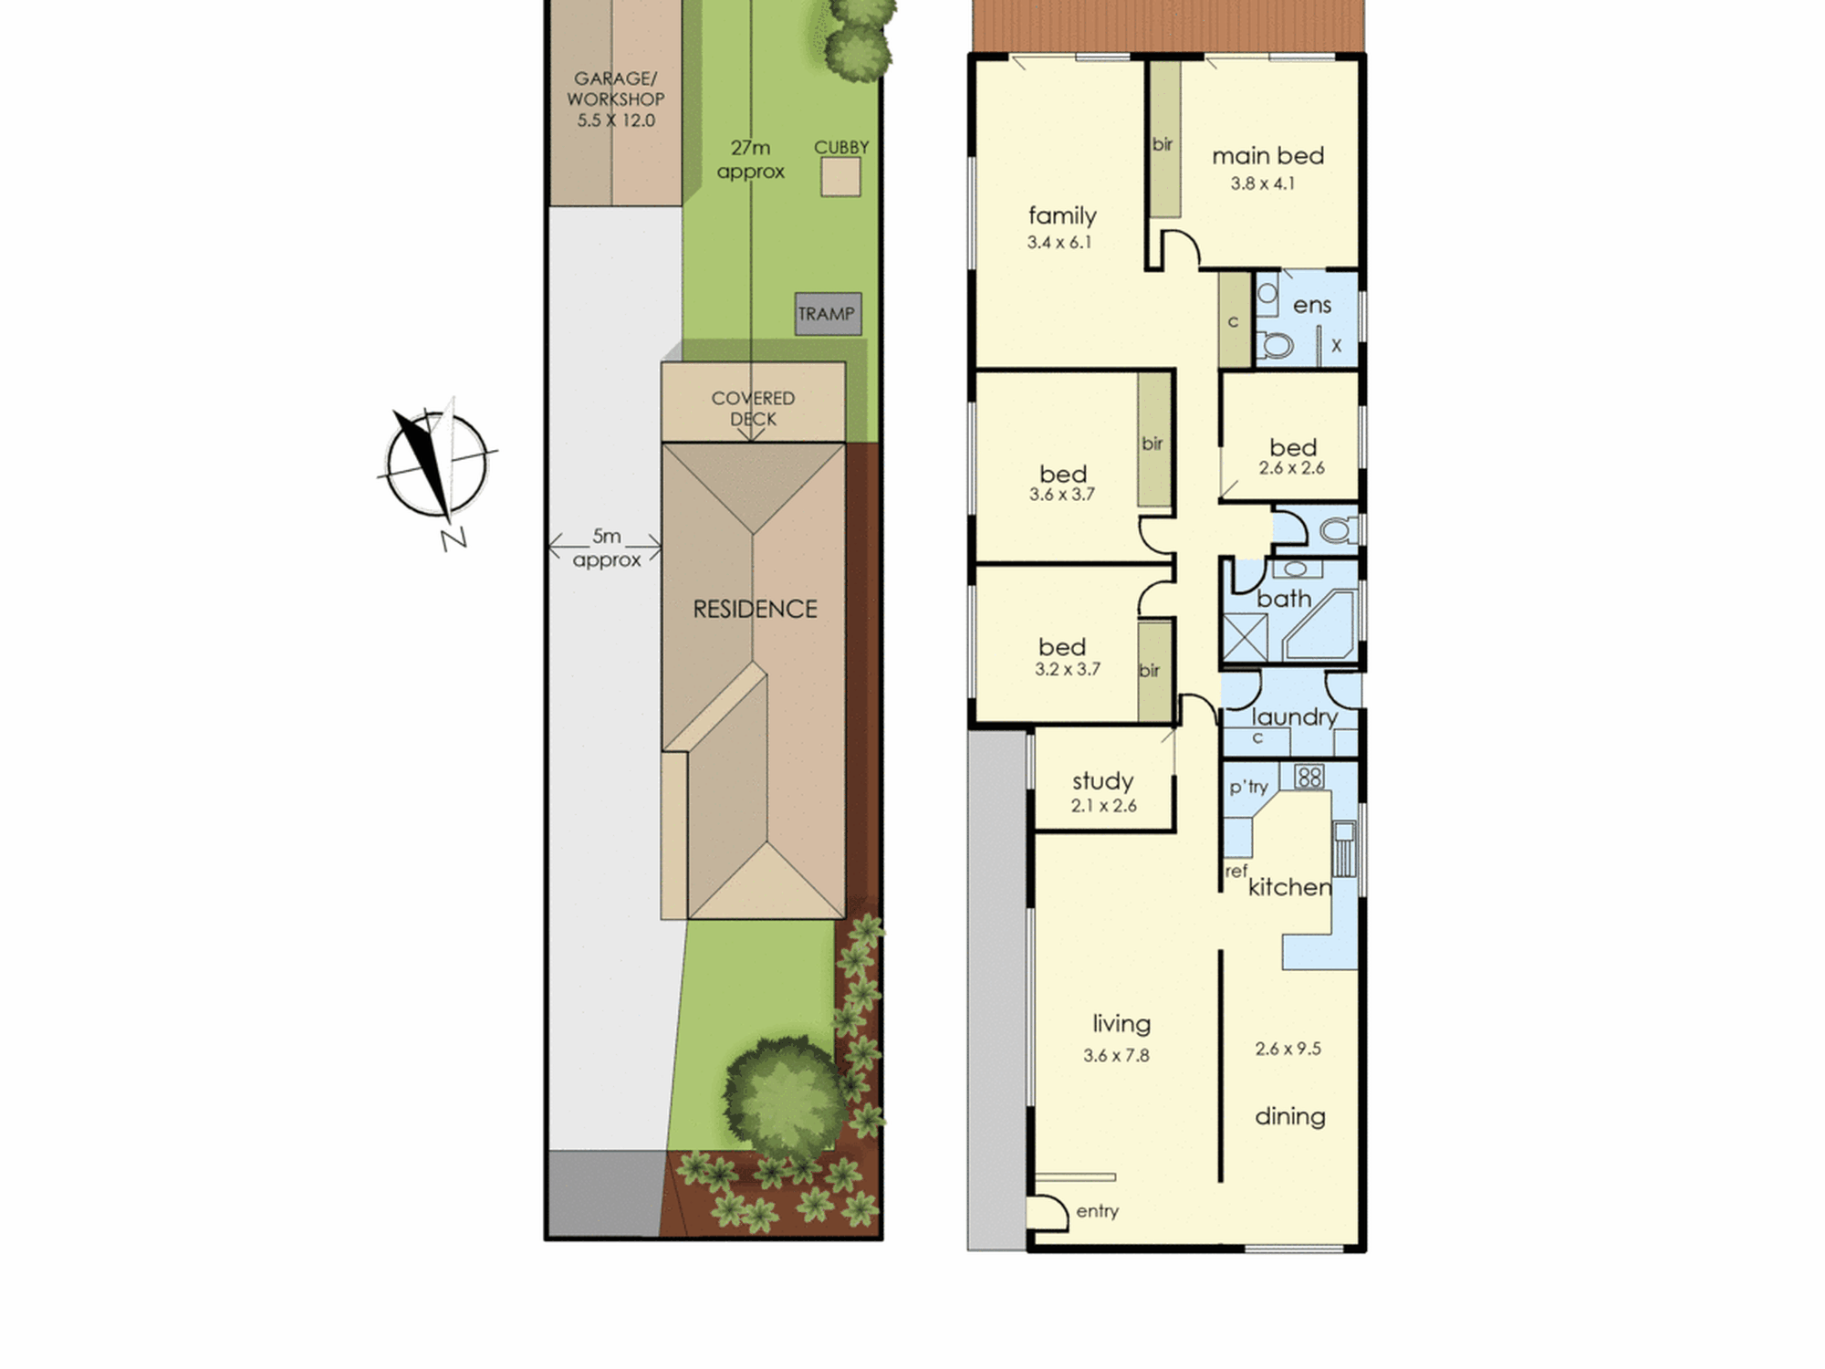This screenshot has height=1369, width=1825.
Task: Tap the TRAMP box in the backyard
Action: tap(828, 314)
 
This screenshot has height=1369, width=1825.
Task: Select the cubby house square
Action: tap(840, 177)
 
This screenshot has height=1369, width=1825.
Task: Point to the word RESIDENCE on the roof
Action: tap(755, 610)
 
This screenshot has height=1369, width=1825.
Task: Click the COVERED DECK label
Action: tap(753, 409)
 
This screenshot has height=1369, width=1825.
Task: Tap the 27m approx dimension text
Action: tap(750, 160)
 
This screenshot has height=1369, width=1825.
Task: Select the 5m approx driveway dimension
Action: tap(606, 548)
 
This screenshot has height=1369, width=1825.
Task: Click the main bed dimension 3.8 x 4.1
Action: tap(1262, 183)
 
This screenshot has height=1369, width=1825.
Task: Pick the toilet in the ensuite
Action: tap(1275, 346)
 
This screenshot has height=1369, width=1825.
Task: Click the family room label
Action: tap(1062, 215)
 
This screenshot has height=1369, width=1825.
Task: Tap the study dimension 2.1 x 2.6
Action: tap(1104, 806)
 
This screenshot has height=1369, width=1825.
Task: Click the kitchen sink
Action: tap(1343, 849)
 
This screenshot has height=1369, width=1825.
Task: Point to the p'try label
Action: tap(1248, 787)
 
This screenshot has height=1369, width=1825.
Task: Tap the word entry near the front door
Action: tap(1097, 1211)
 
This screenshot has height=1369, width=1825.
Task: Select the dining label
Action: tap(1290, 1116)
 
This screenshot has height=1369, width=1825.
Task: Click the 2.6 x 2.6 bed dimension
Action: tap(1292, 468)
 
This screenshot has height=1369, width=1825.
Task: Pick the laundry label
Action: tap(1294, 717)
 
